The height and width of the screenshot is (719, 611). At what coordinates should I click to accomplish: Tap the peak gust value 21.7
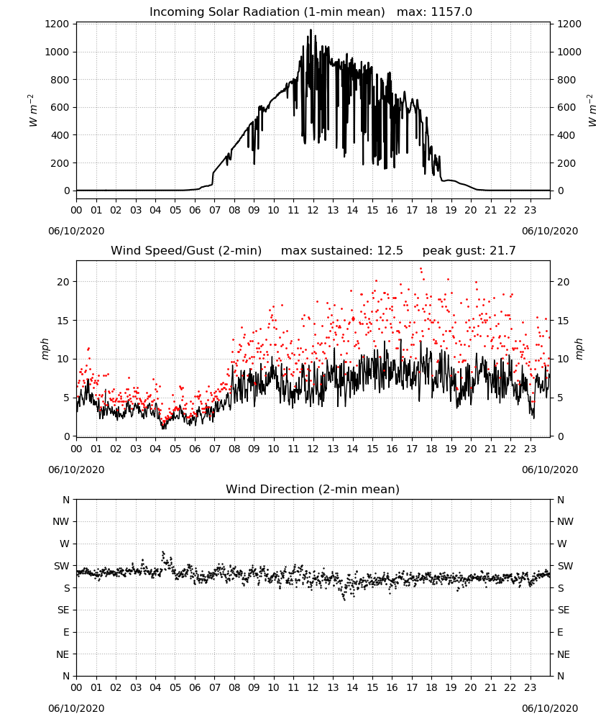coord(503,251)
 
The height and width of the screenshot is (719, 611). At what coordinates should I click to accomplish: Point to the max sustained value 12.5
coord(390,251)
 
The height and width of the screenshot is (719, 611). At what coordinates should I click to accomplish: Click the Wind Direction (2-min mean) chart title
coord(313,490)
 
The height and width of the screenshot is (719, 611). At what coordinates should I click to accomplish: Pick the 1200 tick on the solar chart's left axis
coord(58,24)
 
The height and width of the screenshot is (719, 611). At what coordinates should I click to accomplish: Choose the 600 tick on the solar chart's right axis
coord(566,107)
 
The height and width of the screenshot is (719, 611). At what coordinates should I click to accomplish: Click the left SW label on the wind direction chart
coord(62,567)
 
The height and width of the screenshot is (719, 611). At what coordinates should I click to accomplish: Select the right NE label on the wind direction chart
coord(564,654)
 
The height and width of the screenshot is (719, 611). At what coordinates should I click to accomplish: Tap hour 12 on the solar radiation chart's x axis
coord(313,211)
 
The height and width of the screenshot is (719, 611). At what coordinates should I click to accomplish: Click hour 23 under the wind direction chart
coord(530,687)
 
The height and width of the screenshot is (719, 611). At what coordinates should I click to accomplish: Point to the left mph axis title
coord(45,349)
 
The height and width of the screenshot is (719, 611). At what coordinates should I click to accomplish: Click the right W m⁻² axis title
coord(592,110)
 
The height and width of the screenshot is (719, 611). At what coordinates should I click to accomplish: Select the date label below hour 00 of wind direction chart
coord(76,708)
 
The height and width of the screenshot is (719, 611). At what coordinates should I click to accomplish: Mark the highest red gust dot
coord(421,269)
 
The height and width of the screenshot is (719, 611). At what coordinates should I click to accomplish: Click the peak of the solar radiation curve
coord(311,29)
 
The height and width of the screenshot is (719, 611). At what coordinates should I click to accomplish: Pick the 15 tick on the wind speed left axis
coord(63,321)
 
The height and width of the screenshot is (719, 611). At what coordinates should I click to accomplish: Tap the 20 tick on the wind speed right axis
coord(564,282)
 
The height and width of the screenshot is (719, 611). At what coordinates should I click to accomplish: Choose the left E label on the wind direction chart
coord(66,632)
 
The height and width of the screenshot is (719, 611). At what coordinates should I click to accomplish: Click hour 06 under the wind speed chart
coord(195,449)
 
